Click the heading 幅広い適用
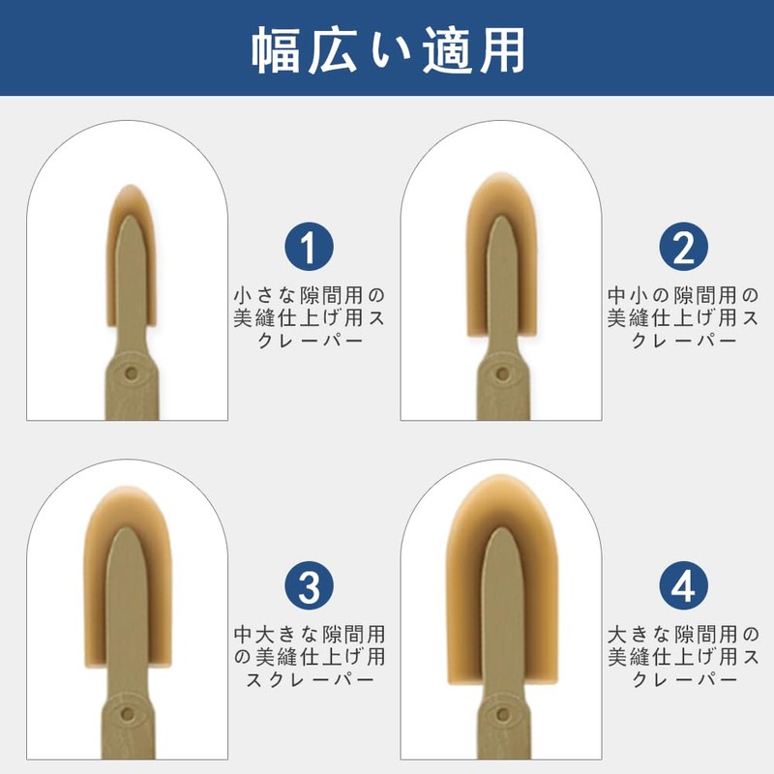pos(388,51)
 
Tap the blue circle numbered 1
pos(309,247)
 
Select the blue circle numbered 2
pos(684,247)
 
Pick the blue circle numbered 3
pos(309,585)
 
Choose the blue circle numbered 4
pos(684,585)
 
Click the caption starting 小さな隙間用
pos(309,318)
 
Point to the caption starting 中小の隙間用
pos(684,318)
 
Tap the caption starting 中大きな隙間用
pos(309,658)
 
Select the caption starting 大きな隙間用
pos(684,658)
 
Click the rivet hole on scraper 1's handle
pos(131,373)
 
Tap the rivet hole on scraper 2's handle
pos(502,373)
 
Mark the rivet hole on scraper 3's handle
pos(128,714)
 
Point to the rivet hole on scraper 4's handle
pos(502,714)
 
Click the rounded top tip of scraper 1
pos(131,186)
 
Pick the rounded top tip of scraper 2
pos(500,174)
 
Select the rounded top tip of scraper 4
pos(500,476)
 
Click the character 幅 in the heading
pos(275,51)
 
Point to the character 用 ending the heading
pos(502,51)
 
